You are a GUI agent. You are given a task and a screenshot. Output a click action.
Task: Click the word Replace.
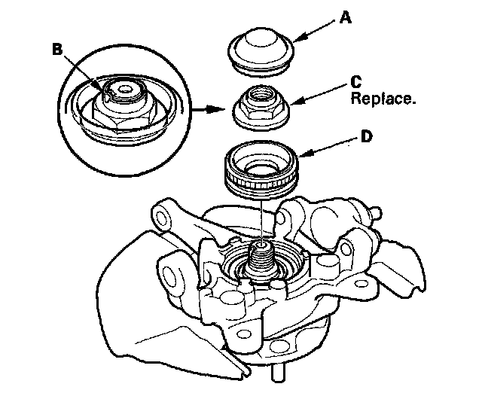pyautogui.click(x=382, y=99)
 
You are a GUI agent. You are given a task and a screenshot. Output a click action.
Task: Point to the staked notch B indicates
pyautogui.click(x=113, y=92)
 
